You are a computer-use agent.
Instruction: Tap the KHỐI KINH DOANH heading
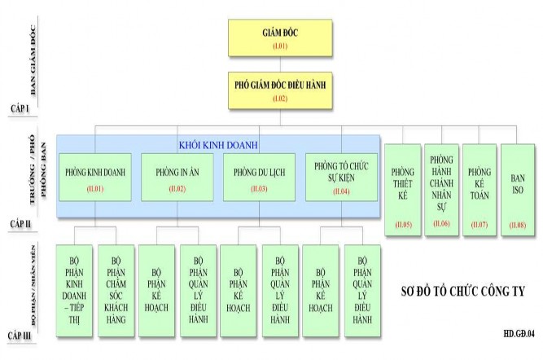(x=218, y=144)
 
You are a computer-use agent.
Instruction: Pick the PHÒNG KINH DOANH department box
(x=95, y=177)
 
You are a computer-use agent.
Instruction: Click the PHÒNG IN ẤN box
(x=177, y=177)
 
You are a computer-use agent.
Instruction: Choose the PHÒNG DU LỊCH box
(x=259, y=177)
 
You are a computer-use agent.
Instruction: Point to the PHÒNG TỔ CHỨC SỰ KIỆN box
(x=342, y=177)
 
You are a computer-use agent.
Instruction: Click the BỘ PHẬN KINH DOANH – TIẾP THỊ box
(x=76, y=289)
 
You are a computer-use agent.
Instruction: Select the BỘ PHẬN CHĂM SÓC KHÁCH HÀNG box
(x=116, y=289)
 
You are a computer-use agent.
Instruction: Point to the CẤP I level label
(x=22, y=108)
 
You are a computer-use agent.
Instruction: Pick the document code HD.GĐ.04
(x=519, y=334)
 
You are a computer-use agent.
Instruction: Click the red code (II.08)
(x=518, y=223)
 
